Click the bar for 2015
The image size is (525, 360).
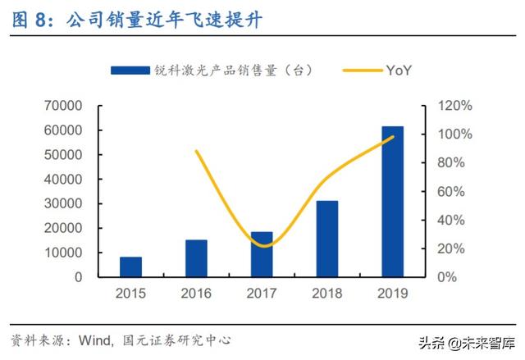pos(130,267)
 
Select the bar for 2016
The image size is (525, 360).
pos(196,258)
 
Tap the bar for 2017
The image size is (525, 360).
pos(262,254)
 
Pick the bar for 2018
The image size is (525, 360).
pos(327,239)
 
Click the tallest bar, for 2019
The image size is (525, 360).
pos(393,202)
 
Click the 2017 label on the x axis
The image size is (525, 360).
pos(262,293)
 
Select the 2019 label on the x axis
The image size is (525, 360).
pos(393,293)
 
